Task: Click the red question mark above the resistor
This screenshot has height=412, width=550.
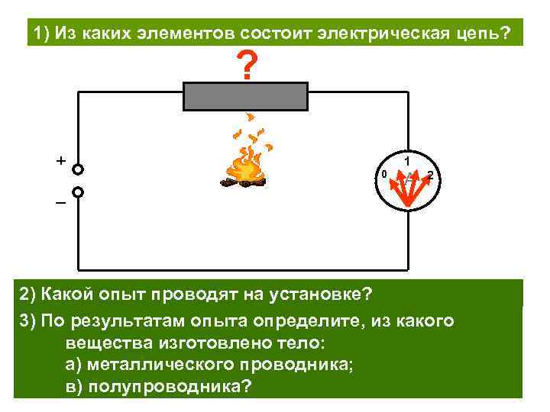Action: tap(245, 66)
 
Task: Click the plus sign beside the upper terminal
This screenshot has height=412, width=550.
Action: tap(60, 161)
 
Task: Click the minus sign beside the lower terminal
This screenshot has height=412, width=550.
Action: tap(60, 204)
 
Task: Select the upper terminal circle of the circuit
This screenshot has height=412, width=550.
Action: tap(78, 169)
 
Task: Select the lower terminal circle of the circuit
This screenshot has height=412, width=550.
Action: tap(78, 193)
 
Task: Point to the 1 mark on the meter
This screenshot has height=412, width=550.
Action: tap(408, 160)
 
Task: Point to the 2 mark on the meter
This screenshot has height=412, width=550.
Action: tap(430, 176)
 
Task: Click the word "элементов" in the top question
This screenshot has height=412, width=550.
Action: tap(189, 34)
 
